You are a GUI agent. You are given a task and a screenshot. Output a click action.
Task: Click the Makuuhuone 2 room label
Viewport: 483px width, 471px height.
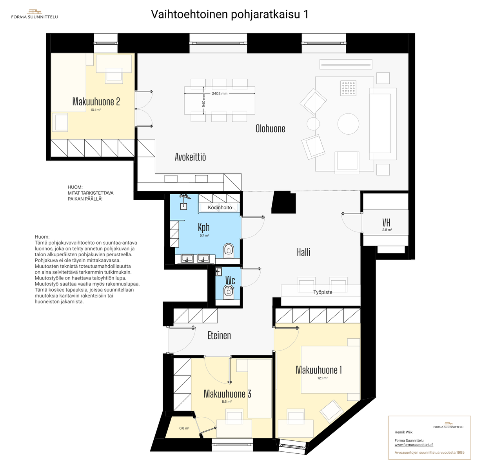click(x=96, y=102)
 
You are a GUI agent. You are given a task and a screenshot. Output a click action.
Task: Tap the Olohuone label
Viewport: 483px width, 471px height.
click(x=270, y=129)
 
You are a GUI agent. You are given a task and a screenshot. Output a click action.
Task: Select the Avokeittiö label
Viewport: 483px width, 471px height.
click(x=191, y=157)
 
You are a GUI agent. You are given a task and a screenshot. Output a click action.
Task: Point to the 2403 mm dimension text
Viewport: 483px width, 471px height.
click(x=220, y=94)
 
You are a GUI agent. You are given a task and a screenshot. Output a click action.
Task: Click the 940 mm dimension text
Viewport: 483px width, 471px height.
click(x=204, y=100)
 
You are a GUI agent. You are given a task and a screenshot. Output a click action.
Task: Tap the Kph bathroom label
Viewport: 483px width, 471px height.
click(x=204, y=227)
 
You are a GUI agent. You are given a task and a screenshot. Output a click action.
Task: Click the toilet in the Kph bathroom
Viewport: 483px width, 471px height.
click(x=229, y=250)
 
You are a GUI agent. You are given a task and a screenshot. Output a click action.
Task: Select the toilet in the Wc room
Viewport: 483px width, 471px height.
click(x=228, y=293)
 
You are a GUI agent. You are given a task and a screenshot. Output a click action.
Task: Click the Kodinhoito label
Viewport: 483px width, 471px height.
click(x=220, y=208)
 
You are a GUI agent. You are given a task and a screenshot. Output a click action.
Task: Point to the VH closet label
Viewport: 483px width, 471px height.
click(x=386, y=223)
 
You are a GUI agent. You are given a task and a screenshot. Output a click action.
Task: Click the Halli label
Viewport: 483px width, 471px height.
click(x=303, y=252)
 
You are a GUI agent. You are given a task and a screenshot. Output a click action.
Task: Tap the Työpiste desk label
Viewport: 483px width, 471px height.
click(x=323, y=292)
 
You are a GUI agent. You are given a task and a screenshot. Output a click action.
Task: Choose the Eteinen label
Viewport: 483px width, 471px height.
click(x=219, y=336)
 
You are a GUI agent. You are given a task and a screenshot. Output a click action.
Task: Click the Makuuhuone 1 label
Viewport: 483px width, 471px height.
click(x=319, y=370)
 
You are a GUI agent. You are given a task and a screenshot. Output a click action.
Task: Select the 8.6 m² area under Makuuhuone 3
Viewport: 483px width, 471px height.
click(x=226, y=402)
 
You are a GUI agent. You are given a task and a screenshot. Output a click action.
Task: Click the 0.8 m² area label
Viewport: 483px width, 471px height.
click(x=184, y=428)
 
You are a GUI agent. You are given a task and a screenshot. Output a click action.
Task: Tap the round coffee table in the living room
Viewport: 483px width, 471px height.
click(x=348, y=124)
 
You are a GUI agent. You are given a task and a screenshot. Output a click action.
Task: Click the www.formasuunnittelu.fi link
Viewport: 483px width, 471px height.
click(x=414, y=445)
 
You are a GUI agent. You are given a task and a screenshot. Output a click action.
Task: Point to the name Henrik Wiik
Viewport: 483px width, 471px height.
click(x=403, y=432)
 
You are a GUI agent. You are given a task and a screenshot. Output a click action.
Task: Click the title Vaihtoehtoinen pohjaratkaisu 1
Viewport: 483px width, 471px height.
click(x=230, y=14)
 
